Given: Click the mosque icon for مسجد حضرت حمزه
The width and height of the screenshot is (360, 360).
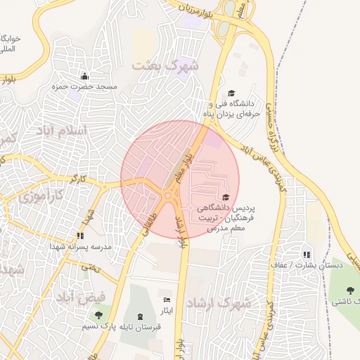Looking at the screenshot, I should click(85, 76).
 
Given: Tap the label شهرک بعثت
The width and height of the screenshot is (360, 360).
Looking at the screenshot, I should click(165, 65).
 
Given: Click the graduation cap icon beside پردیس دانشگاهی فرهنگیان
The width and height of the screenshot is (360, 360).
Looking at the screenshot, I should click(226, 198).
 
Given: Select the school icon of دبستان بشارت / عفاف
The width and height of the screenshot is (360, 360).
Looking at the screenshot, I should click(306, 255).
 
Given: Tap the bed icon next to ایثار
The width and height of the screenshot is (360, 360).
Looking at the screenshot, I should click(167, 300).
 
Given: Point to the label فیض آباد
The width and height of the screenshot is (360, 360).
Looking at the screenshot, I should click(82, 297).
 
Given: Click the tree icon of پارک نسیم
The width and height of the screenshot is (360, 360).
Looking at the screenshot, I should click(98, 315).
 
